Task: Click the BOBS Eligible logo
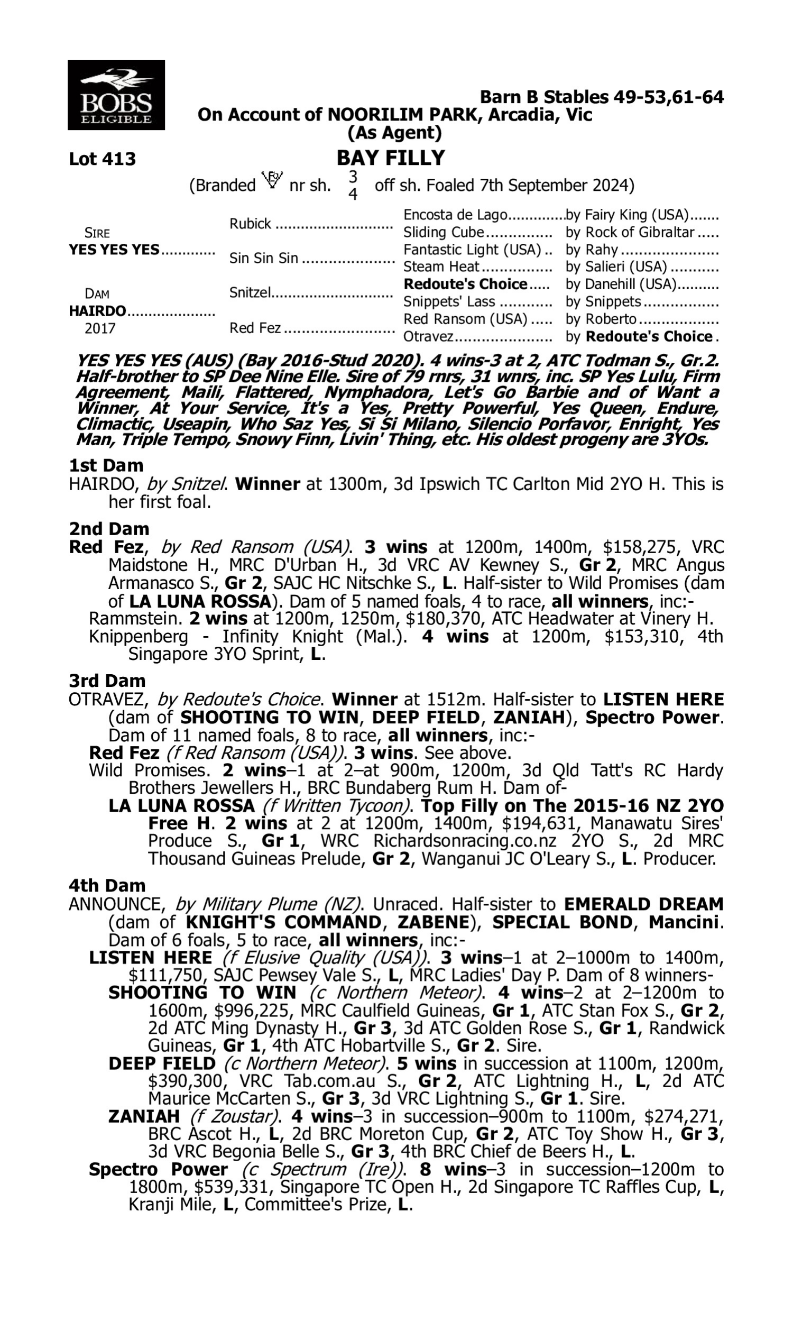[x=116, y=95]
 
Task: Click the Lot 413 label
[x=102, y=159]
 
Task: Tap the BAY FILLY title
[x=391, y=158]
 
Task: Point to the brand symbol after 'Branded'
[x=272, y=180]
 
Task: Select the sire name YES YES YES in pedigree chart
[x=114, y=250]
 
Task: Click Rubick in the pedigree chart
[x=250, y=224]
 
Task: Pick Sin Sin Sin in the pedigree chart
[x=263, y=259]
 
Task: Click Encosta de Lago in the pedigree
[x=455, y=215]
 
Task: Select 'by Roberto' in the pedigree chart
[x=601, y=319]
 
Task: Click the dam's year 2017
[x=100, y=328]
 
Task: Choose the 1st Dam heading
[x=106, y=465]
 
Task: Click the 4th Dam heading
[x=107, y=885]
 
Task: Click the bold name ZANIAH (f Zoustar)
[x=144, y=1116]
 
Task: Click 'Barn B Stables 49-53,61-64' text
[x=602, y=97]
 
